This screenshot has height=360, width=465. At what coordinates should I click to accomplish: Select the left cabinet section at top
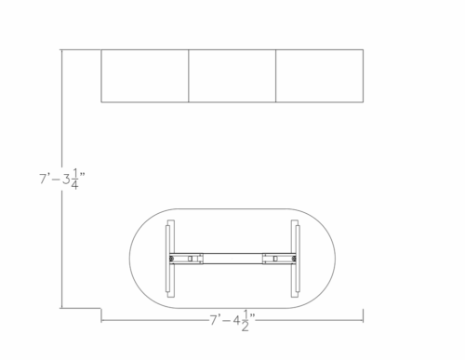click(145, 75)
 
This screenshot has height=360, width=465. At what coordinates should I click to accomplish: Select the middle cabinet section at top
click(232, 75)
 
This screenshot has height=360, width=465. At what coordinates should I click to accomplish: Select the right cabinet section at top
click(319, 75)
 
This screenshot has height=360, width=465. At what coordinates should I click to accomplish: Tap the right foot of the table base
click(295, 258)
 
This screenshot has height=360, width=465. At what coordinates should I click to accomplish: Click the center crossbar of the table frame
click(232, 258)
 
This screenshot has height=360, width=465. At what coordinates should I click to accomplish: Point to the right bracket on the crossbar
click(276, 258)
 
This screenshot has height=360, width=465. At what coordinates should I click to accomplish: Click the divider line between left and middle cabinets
click(189, 75)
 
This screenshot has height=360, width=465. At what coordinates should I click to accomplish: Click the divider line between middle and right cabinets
click(276, 75)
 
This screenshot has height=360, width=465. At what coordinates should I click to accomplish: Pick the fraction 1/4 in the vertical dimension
click(73, 178)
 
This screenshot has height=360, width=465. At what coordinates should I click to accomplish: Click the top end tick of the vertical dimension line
click(61, 49)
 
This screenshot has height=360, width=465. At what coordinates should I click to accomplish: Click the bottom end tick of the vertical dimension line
click(61, 306)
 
